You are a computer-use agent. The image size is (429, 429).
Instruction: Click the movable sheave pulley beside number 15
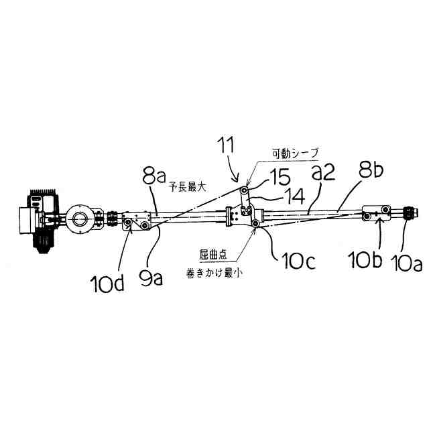click(246, 191)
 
